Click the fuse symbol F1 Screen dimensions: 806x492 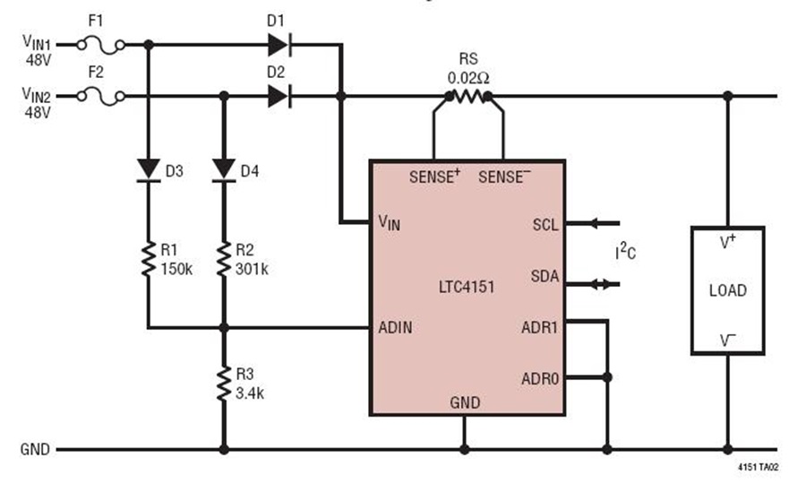tap(100, 46)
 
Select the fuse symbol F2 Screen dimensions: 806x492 tap(100, 97)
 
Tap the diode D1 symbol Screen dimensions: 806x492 tap(279, 45)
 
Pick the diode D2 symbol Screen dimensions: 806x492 tap(279, 96)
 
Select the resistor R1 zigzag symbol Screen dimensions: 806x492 tap(149, 259)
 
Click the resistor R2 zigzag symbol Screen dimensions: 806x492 tap(224, 259)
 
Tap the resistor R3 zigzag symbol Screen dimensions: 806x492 tap(224, 384)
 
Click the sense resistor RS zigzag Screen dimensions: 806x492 tap(468, 96)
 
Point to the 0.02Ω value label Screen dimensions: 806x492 tap(468, 78)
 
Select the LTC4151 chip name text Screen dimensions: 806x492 tap(467, 287)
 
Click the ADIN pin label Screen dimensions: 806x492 tap(395, 327)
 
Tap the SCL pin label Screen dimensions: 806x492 tap(545, 225)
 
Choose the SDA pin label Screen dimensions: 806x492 tap(544, 276)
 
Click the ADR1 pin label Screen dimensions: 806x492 tap(540, 327)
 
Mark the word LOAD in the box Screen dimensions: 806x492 tap(728, 290)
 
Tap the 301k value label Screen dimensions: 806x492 tap(252, 269)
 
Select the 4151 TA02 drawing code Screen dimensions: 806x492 tap(759, 467)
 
